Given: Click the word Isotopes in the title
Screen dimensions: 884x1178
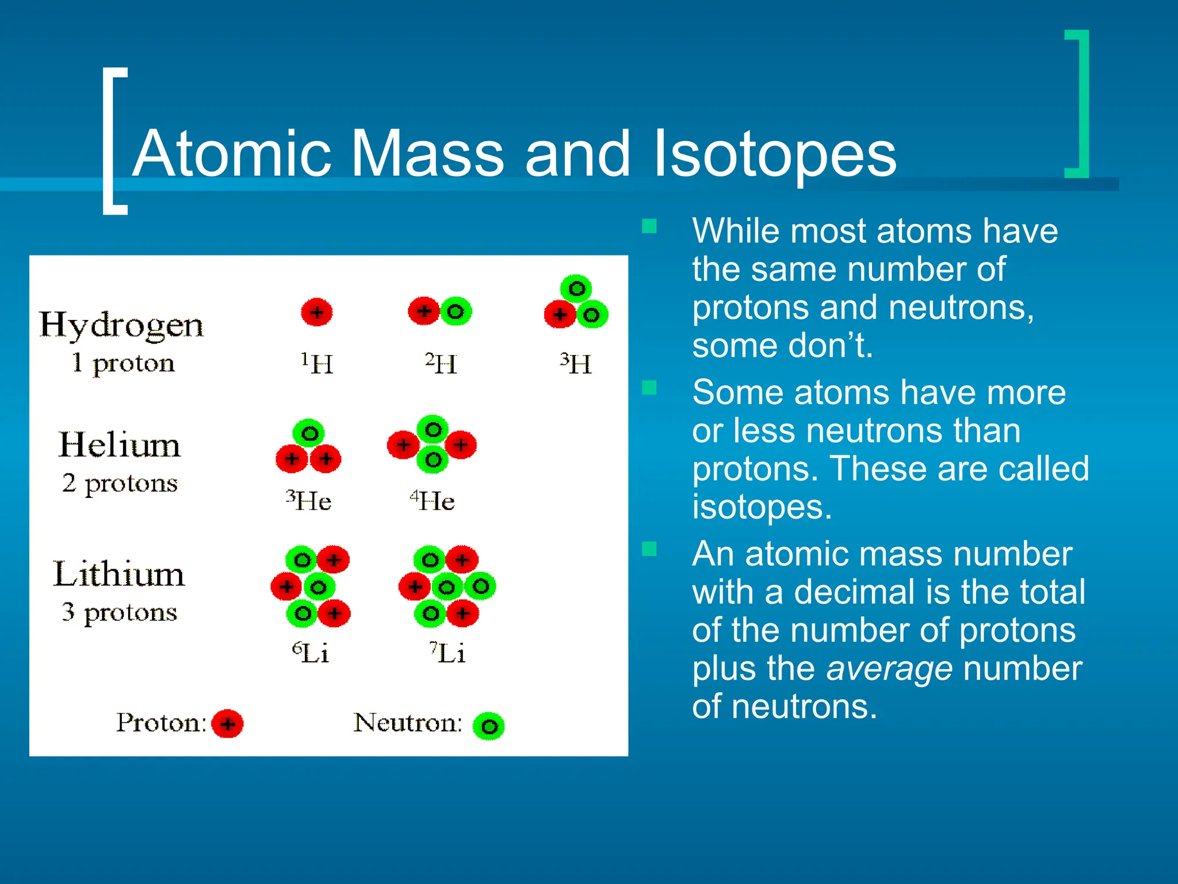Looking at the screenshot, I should point(775,154).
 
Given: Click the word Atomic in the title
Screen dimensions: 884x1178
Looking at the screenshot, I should point(232,154).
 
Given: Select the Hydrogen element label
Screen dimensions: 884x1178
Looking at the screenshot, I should point(121,325).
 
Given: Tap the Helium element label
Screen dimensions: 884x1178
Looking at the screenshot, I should point(120,445).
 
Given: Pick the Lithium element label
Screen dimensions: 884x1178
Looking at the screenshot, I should point(119,574).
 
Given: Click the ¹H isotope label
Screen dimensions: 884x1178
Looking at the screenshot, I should point(317,363).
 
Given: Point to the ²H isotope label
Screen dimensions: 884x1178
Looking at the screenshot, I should point(441,363).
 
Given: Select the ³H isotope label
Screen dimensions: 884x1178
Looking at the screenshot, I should point(576,363).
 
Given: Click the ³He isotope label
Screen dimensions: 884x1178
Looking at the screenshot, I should point(309,500).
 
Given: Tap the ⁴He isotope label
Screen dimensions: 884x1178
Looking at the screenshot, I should point(433,500).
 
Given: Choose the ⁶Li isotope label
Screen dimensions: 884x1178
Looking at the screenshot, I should point(311,653).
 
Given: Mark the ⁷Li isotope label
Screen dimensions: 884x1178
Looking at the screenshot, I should point(448,653).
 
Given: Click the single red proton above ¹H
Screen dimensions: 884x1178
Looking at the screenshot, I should point(317,313).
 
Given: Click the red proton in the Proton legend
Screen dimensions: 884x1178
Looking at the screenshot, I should point(228,723).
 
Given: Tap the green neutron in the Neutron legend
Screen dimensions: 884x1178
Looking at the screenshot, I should point(489,726).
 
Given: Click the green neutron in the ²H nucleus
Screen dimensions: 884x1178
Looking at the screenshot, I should point(456,312).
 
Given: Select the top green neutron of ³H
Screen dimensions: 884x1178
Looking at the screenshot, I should point(576,288).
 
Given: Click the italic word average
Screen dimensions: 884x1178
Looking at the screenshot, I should point(889,669).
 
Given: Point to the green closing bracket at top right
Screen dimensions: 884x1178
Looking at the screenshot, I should point(1078,104).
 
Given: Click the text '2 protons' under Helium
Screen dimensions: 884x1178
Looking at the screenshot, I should point(120,483).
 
